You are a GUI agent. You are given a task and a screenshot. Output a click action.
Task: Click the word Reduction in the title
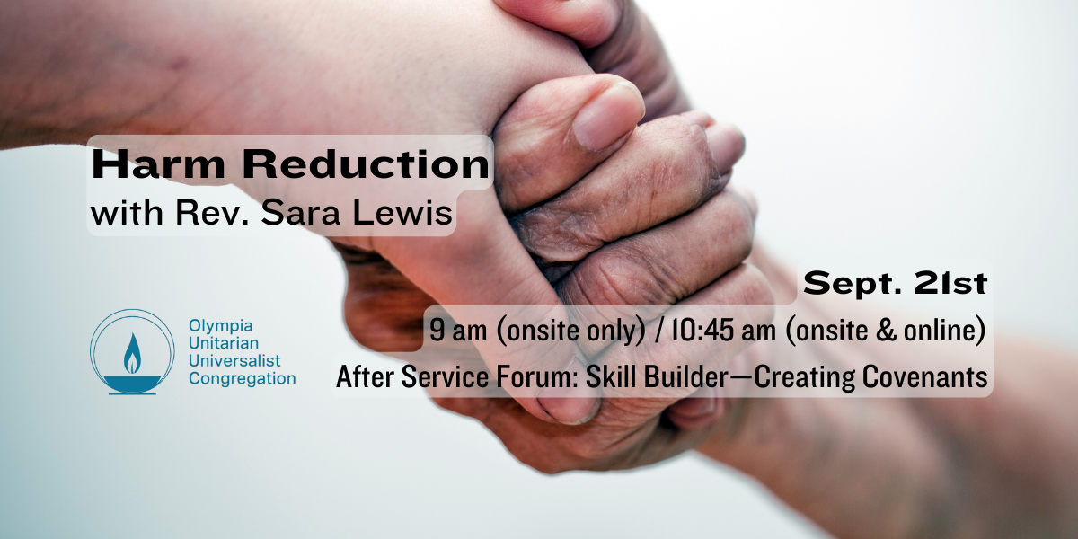coord(366,164)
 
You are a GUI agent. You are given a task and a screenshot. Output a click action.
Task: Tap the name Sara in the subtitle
coord(301,212)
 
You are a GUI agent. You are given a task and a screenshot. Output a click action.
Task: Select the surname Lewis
coord(402,212)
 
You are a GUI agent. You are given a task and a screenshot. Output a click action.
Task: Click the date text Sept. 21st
coord(895,284)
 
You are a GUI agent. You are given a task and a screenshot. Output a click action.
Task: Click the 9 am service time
coord(458,331)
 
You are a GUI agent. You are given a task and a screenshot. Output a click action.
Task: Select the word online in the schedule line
coord(944,331)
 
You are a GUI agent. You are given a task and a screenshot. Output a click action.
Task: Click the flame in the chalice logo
coord(132,354)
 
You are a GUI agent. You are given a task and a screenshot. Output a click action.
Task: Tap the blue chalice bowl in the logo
coord(132,384)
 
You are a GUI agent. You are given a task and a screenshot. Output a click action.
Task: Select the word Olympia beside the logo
coord(220,326)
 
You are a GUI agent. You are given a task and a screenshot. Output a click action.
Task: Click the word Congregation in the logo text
coord(242,379)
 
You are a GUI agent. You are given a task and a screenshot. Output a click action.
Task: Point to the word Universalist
coord(234,360)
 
